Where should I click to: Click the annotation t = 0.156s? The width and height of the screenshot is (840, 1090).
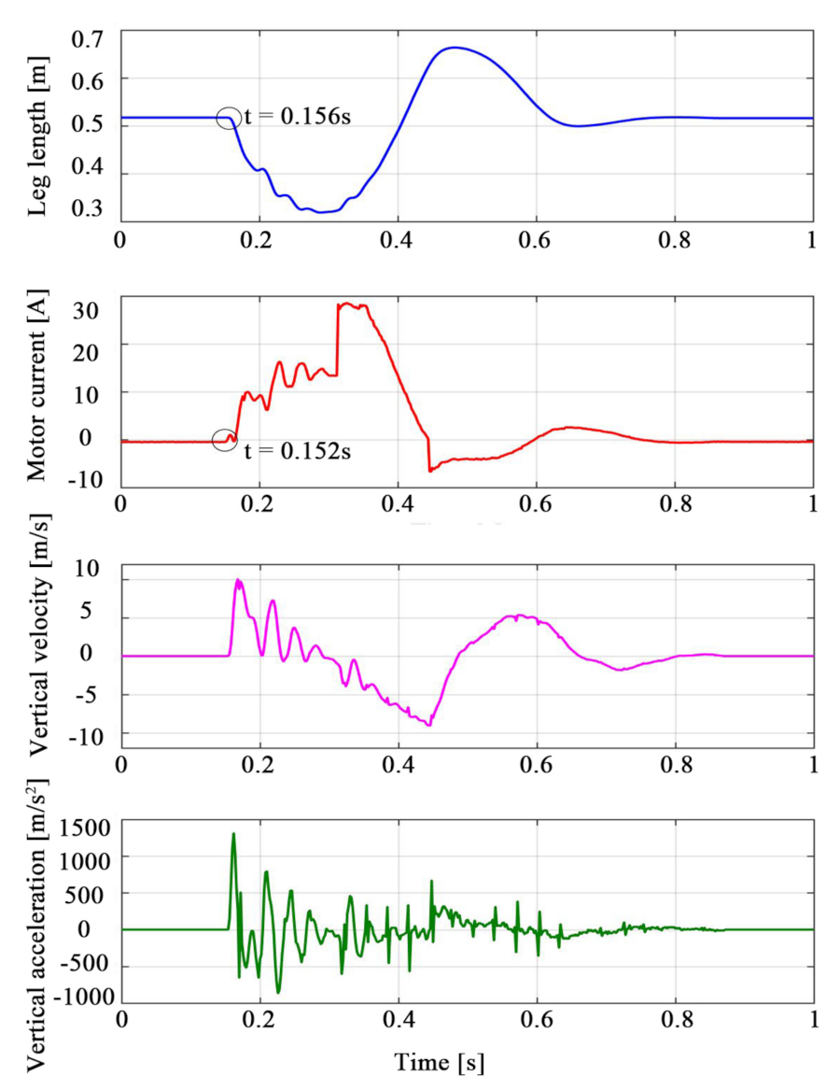[x=297, y=119]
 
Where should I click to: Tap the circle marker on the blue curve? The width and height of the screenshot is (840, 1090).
[x=229, y=118]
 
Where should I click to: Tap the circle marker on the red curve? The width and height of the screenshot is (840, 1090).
[x=224, y=440]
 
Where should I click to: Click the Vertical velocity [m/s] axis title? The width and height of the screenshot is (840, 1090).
[x=36, y=651]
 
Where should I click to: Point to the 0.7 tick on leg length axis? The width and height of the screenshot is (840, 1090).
[x=89, y=40]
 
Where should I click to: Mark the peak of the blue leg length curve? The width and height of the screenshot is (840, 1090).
[x=454, y=47]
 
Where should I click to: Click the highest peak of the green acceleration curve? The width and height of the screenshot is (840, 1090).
[x=233, y=833]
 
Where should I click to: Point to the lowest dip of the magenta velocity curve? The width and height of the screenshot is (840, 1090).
[x=428, y=725]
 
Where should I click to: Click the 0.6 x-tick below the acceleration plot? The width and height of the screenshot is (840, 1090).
[x=538, y=1020]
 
